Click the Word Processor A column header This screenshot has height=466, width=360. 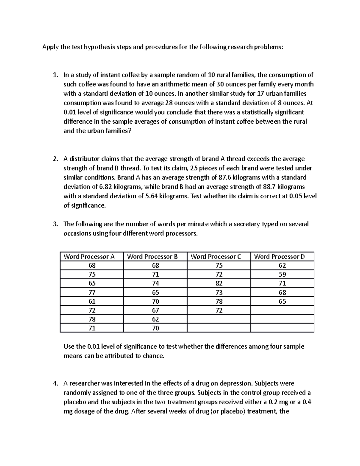tap(89, 257)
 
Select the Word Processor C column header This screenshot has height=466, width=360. tap(216, 257)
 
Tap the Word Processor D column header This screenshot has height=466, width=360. tap(279, 257)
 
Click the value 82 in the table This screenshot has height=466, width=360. tap(219, 283)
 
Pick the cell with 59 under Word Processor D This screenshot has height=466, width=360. tap(282, 274)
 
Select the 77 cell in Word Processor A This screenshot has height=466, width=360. tap(92, 292)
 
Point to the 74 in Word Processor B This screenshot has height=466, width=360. tap(155, 283)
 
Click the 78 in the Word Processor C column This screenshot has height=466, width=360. tap(219, 301)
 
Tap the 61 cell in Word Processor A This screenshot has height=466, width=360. tap(92, 301)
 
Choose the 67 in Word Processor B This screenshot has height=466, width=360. tap(155, 310)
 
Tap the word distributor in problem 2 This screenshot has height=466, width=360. tap(85, 159)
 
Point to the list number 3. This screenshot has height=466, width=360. tap(55, 224)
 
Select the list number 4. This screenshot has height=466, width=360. tap(55, 383)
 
